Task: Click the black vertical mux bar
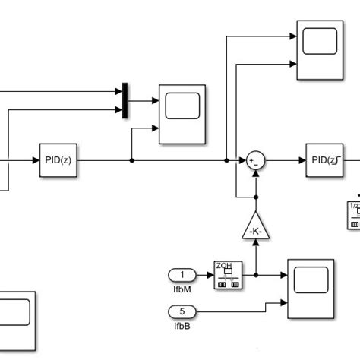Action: pyautogui.click(x=125, y=100)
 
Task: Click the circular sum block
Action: pyautogui.click(x=255, y=160)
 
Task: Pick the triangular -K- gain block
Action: pyautogui.click(x=255, y=226)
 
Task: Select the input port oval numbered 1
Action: pyautogui.click(x=182, y=274)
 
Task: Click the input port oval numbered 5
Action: pyautogui.click(x=182, y=310)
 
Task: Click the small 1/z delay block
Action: pyautogui.click(x=354, y=215)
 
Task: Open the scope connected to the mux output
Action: pyautogui.click(x=182, y=114)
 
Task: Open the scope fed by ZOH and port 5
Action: pyautogui.click(x=310, y=289)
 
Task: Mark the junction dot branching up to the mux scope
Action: pyautogui.click(x=132, y=160)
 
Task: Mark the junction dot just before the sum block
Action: pyautogui.click(x=226, y=160)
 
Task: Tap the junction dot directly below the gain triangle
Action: pyautogui.click(x=255, y=274)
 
